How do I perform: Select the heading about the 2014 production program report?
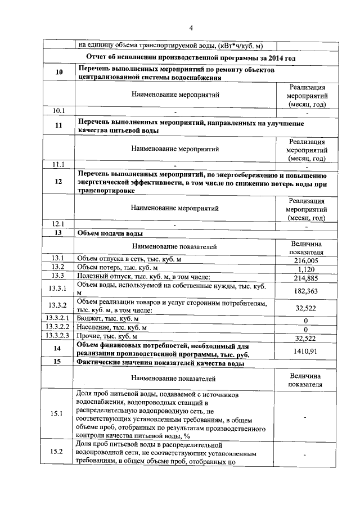pos(191,58)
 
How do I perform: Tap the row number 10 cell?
pos(59,73)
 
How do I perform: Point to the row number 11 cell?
pos(59,126)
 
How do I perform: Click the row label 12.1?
pos(59,224)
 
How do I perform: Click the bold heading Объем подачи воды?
pos(110,233)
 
